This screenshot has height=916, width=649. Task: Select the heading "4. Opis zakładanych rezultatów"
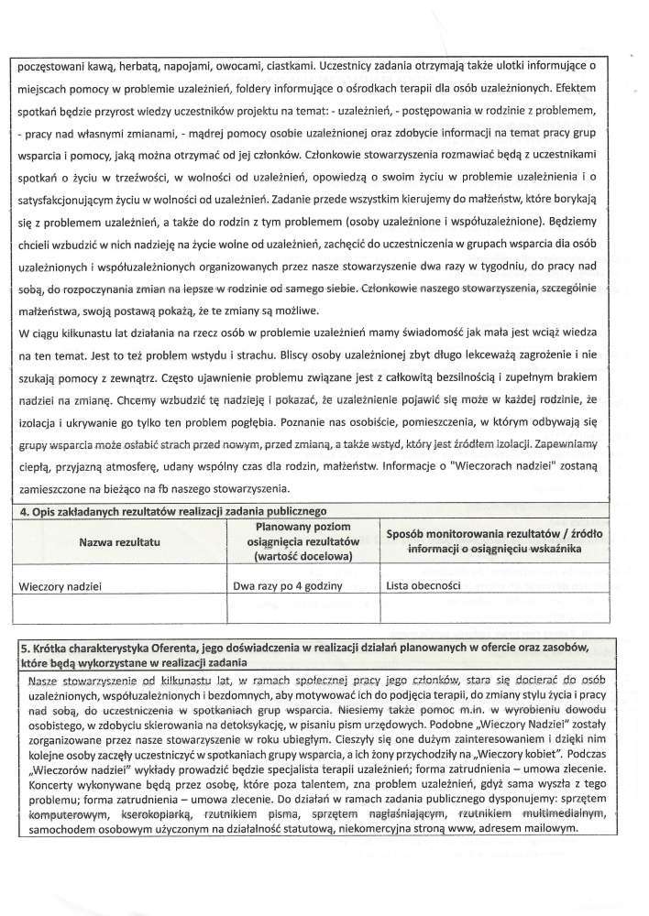(x=173, y=509)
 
